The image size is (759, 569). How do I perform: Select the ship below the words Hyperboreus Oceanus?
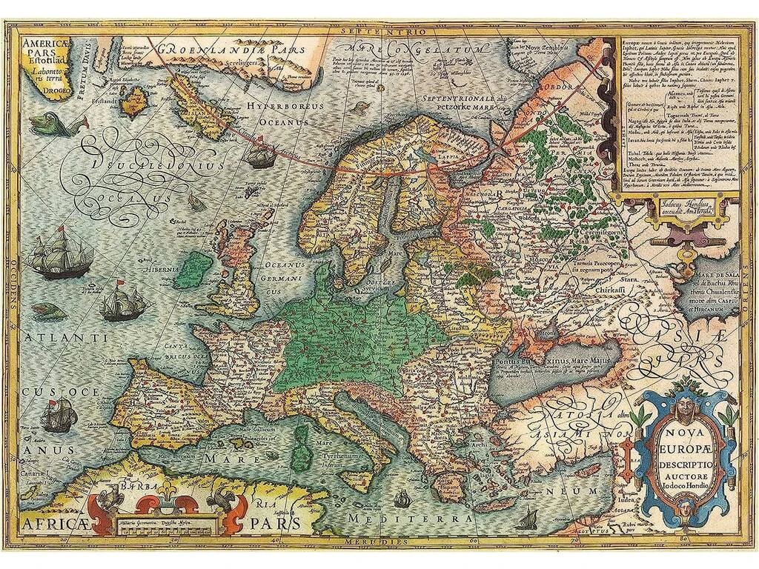257,155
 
